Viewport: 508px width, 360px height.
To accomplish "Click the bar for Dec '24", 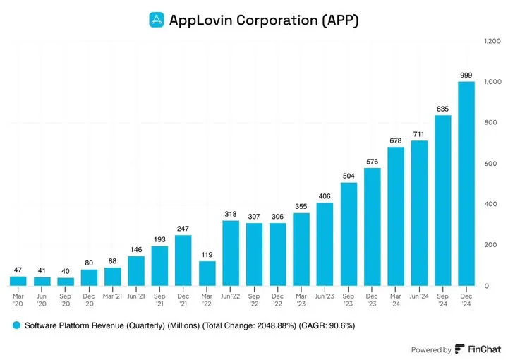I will [466, 184].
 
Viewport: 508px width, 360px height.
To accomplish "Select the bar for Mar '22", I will [206, 273].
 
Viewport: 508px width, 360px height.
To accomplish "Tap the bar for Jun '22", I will [230, 253].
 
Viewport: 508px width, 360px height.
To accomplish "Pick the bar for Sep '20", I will [65, 282].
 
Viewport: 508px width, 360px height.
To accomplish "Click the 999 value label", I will [466, 74].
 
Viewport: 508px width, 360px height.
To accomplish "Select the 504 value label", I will [349, 176].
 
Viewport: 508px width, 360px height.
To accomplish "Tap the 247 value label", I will [183, 228].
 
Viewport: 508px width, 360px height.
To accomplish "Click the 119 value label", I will [206, 254].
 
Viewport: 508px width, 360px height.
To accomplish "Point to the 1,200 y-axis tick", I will [492, 42].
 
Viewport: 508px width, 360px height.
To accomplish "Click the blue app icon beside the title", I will [156, 20].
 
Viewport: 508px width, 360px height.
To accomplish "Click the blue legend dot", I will [15, 325].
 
